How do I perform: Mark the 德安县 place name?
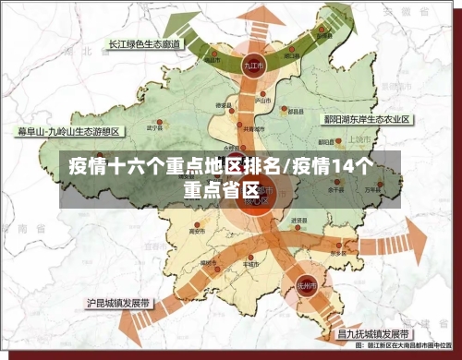click(223, 106)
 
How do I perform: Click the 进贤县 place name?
click(298, 221)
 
